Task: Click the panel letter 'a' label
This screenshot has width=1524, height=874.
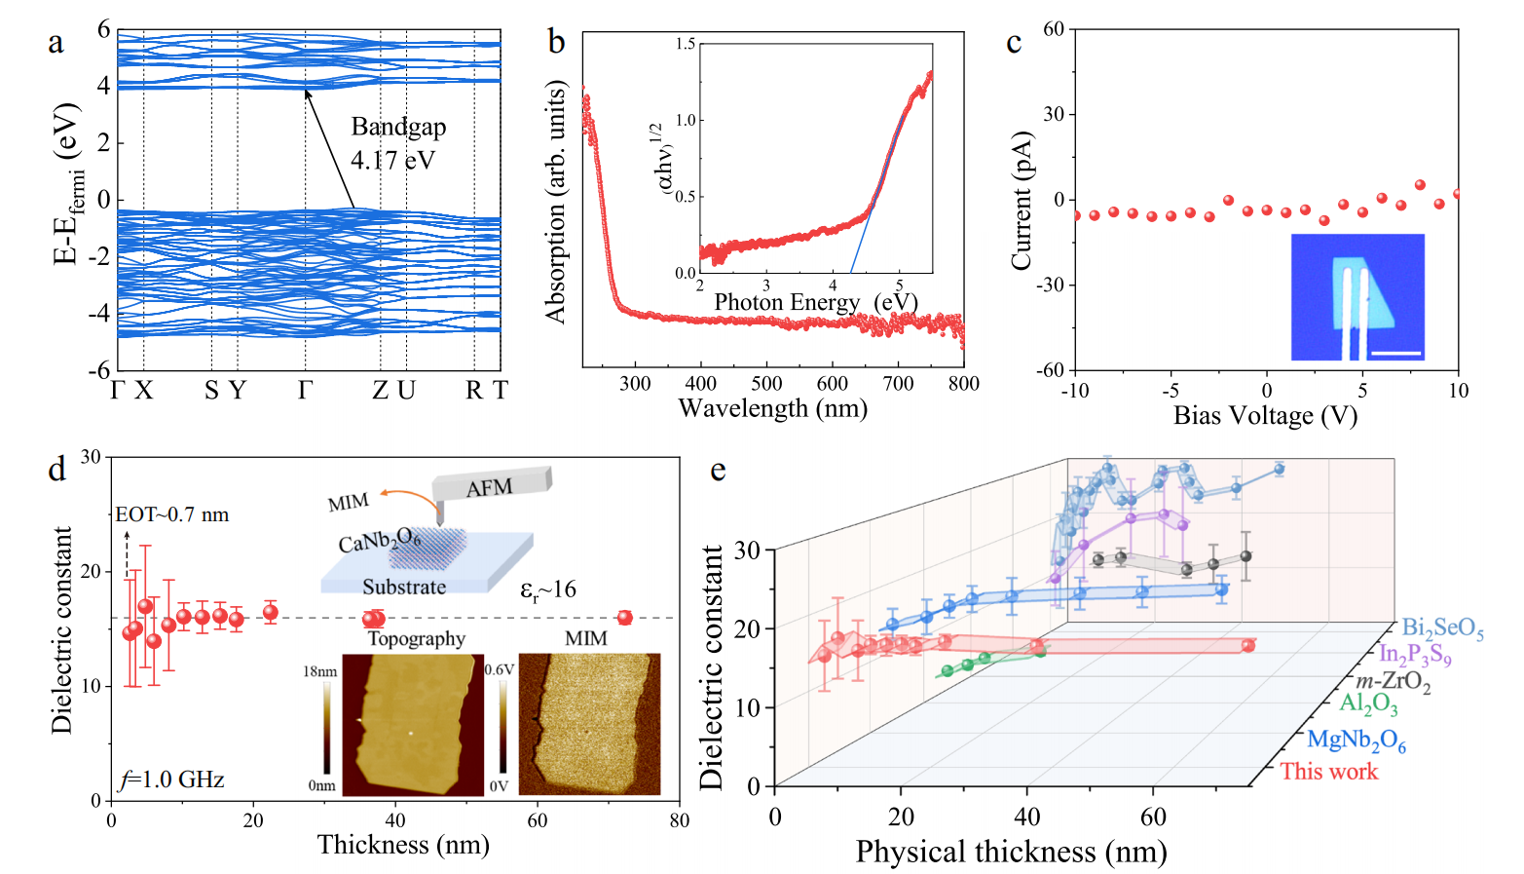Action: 56,42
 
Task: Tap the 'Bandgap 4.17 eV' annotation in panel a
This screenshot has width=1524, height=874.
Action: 398,143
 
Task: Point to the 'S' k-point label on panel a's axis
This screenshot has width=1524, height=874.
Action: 211,391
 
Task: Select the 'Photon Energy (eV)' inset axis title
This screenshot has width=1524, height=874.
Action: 816,301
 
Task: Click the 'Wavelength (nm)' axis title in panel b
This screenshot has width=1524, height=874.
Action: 773,408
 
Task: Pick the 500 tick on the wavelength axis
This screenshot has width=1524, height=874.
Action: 766,383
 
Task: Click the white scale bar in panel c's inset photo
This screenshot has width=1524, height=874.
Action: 1396,354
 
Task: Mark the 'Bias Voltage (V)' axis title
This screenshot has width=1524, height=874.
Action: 1266,415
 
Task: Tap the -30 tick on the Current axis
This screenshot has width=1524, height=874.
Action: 1050,285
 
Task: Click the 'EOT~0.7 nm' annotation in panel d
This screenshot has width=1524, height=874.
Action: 172,514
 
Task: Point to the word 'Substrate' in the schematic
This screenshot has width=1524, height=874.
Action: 404,587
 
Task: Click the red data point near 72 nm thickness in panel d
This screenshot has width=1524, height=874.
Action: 624,618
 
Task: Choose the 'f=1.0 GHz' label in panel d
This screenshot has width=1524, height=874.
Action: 172,779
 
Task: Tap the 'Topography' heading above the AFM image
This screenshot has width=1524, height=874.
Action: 417,638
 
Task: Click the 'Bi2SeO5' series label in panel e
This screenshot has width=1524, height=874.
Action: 1442,628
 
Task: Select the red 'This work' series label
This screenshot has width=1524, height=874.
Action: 1328,772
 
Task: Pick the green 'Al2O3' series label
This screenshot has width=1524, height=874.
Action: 1368,703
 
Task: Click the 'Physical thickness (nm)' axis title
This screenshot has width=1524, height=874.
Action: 1011,852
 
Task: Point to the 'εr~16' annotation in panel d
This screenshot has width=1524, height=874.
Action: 547,589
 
